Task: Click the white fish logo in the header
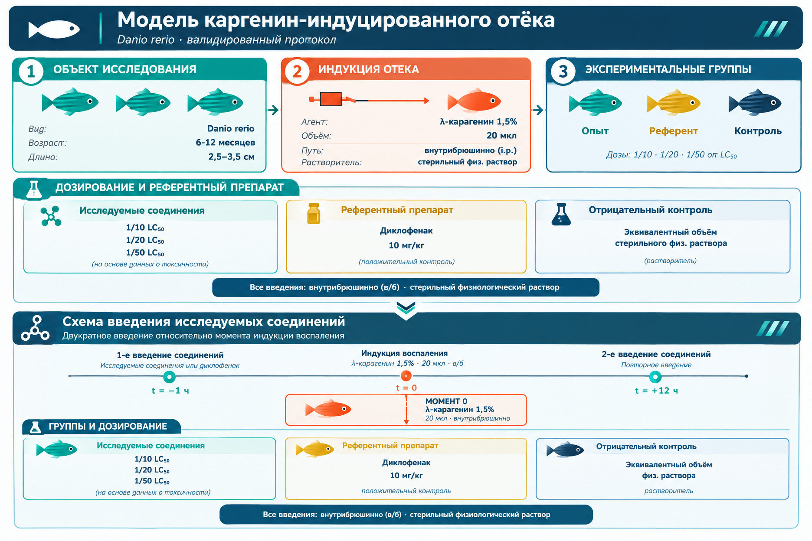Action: (54, 29)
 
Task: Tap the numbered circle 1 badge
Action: (31, 72)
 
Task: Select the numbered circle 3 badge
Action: (563, 72)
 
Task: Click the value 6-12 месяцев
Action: (225, 143)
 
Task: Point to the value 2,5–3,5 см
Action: (231, 156)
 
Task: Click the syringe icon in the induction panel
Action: (369, 100)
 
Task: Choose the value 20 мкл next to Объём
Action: (501, 136)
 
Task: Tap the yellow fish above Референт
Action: (674, 102)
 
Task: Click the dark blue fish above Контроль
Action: (755, 102)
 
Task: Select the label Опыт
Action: (595, 131)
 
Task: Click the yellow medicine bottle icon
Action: (314, 213)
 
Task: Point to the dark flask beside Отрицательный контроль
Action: (561, 214)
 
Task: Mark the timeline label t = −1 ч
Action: (170, 391)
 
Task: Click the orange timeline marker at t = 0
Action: (406, 376)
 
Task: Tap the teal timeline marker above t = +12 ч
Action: (655, 377)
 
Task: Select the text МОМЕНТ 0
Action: (446, 401)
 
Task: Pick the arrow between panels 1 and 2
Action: (273, 110)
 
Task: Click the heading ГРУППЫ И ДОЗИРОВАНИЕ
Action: (108, 427)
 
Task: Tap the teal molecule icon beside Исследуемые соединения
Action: (51, 216)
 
